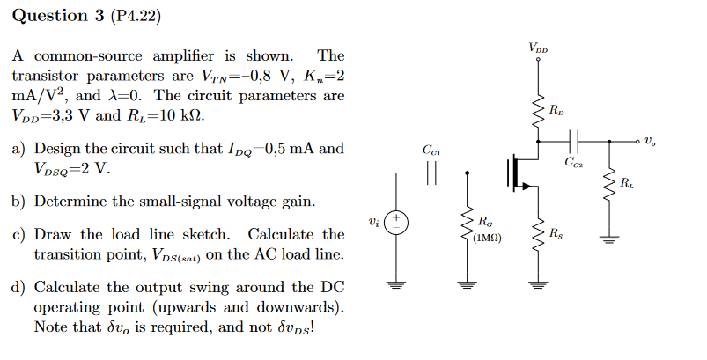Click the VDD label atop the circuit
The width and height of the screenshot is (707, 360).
tap(537, 47)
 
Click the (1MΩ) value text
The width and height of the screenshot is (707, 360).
tap(487, 237)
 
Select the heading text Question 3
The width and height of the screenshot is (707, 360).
tap(50, 16)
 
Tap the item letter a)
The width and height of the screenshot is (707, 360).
tap(18, 149)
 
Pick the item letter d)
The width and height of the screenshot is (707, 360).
tap(18, 288)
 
